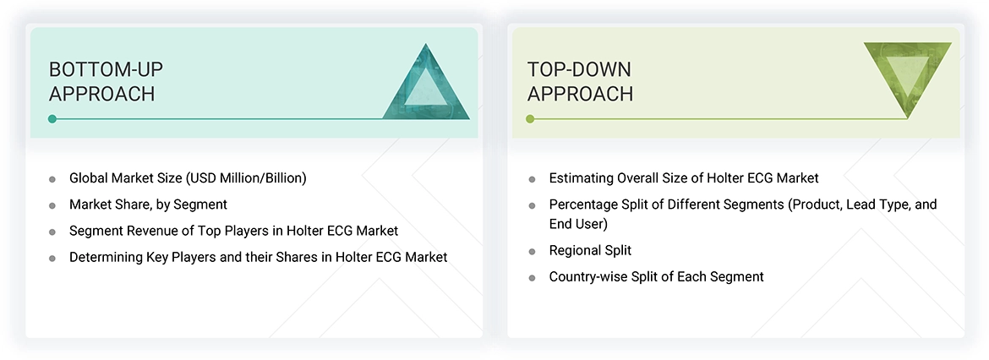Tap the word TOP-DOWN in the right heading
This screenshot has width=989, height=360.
tap(579, 69)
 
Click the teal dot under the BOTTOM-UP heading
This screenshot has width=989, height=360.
tap(52, 119)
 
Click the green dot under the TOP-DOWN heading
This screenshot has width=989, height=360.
tap(530, 119)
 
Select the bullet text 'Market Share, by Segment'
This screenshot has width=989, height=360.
tap(148, 205)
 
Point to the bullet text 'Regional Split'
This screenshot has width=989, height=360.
tap(590, 251)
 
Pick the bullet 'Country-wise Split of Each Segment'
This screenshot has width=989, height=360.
tap(656, 276)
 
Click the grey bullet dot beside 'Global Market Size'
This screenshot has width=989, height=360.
tap(52, 179)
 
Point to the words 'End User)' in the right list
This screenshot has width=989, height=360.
tap(578, 225)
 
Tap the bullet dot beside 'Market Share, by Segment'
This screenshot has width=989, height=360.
tap(52, 205)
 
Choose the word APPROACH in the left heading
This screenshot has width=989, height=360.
tap(101, 94)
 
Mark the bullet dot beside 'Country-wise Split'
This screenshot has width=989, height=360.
tap(532, 277)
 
